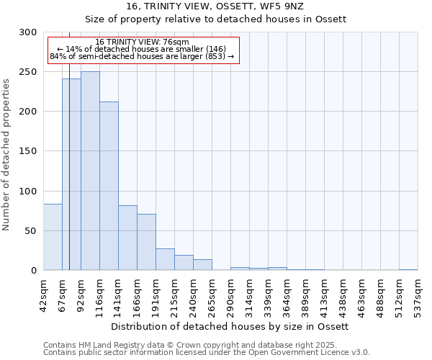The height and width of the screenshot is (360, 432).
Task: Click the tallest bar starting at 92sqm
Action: pyautogui.click(x=90, y=171)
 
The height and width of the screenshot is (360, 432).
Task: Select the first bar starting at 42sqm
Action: pyautogui.click(x=53, y=237)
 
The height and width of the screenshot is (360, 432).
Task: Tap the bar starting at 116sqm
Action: pyautogui.click(x=109, y=186)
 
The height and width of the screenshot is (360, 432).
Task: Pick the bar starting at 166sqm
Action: pyautogui.click(x=146, y=242)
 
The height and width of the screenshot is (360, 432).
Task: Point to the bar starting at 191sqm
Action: pyautogui.click(x=165, y=259)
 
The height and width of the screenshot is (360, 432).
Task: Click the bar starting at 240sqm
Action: pyautogui.click(x=202, y=264)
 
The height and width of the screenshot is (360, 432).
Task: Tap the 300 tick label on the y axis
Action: pyautogui.click(x=28, y=32)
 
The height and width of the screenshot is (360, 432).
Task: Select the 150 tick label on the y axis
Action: pyautogui.click(x=28, y=151)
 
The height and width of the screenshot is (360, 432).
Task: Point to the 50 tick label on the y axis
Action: pyautogui.click(x=31, y=231)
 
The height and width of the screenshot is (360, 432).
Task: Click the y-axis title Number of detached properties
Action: pyautogui.click(x=7, y=155)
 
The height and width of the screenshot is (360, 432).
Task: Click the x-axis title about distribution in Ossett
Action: pyautogui.click(x=230, y=326)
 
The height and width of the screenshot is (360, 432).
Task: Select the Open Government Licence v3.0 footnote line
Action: pyautogui.click(x=207, y=353)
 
